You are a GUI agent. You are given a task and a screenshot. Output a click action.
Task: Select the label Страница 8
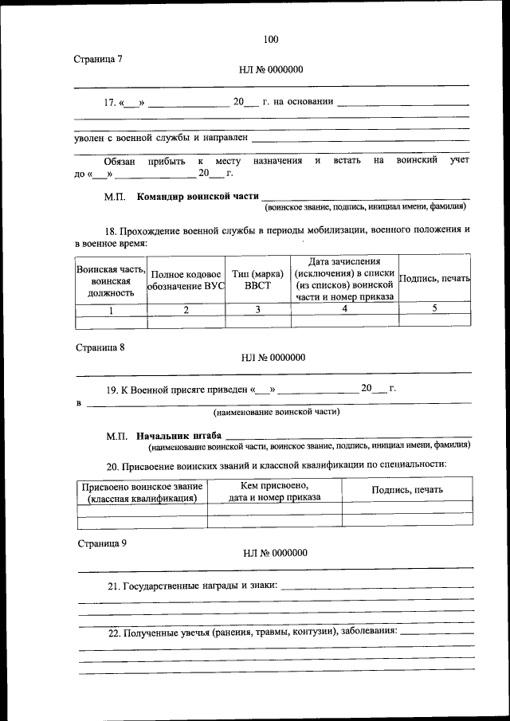[100, 347]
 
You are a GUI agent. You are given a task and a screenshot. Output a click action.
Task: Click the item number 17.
[111, 102]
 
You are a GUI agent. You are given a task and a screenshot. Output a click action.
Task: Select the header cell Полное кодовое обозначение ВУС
[186, 280]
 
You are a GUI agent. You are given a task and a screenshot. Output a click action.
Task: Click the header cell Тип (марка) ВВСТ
[257, 280]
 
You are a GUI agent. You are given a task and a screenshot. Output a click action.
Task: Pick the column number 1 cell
[111, 311]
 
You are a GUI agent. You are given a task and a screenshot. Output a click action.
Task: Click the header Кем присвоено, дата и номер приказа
[274, 492]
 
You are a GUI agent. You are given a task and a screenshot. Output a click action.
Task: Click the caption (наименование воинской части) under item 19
[276, 412]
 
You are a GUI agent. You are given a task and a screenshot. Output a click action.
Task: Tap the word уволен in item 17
[89, 138]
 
